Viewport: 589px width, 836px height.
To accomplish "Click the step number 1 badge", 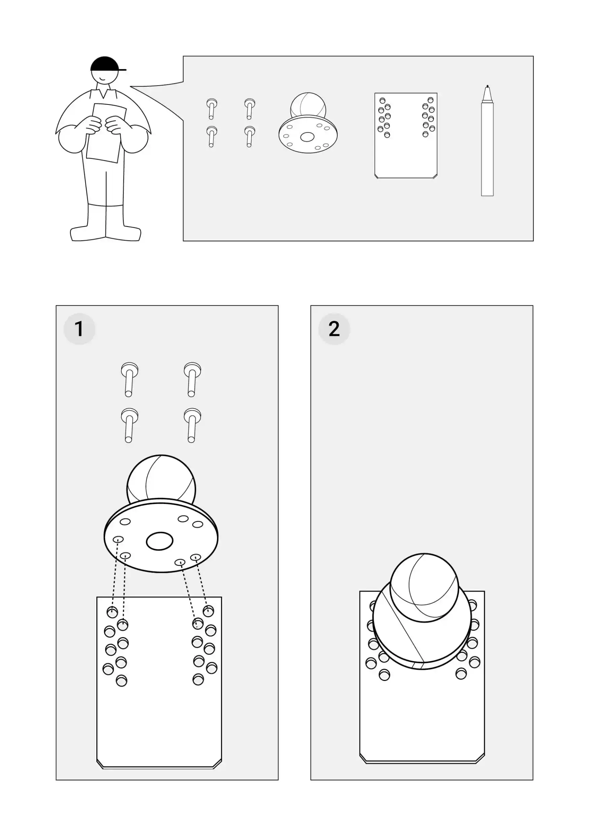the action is (x=79, y=329).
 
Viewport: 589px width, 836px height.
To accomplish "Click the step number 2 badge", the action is (x=334, y=329).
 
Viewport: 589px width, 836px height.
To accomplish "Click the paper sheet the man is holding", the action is (x=106, y=133).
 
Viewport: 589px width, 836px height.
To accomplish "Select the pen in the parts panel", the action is (x=487, y=141).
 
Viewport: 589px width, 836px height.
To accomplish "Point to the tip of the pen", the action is (x=487, y=86).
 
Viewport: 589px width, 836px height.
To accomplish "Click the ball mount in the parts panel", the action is (x=308, y=123).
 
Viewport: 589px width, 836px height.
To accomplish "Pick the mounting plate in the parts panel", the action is (x=406, y=136).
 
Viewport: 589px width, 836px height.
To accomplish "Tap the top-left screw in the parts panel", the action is (x=211, y=108).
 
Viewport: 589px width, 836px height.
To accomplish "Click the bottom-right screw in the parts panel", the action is (x=250, y=136).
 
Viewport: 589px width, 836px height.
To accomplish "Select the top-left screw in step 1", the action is (x=129, y=379).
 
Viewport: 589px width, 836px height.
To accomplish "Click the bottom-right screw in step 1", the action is (x=192, y=425).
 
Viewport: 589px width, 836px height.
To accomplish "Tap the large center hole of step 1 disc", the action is (x=160, y=541).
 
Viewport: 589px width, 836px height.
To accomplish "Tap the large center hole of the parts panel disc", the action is (x=307, y=137).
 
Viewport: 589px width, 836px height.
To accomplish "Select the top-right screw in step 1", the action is (x=192, y=379).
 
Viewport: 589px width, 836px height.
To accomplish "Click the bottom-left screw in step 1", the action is (x=129, y=425).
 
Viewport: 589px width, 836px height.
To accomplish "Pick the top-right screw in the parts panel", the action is (x=250, y=108).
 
